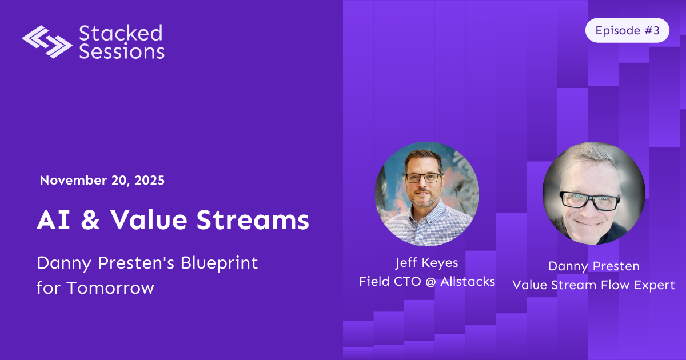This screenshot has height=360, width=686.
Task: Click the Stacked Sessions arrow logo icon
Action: coord(47,42)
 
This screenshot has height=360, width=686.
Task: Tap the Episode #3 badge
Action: coord(627,31)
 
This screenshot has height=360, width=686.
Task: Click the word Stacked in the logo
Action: coord(121,33)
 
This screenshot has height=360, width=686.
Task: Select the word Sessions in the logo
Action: coord(122,51)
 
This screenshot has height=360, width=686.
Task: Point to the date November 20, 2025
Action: coord(102,181)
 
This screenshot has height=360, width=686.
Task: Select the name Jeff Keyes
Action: coord(426,263)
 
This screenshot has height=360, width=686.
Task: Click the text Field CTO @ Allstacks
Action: coord(427,281)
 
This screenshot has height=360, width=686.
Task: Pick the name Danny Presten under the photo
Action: coord(593,266)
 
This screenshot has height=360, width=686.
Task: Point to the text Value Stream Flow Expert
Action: coord(593,284)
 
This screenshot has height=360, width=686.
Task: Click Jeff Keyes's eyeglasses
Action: coord(423,178)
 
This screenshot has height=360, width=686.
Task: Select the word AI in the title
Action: coord(50,220)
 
